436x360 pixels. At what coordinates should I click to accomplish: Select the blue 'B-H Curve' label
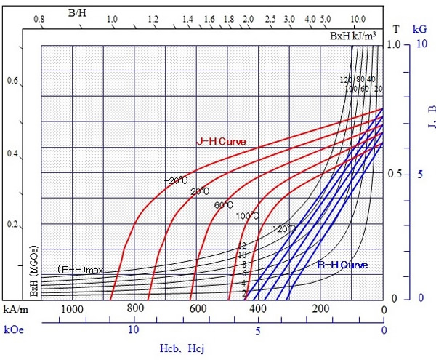click(x=342, y=265)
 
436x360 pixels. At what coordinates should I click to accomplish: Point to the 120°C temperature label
click(x=283, y=229)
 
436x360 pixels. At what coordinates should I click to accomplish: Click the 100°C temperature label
click(x=248, y=216)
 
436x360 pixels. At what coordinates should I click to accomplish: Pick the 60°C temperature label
click(x=223, y=204)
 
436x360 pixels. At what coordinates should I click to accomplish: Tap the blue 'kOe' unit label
click(x=12, y=329)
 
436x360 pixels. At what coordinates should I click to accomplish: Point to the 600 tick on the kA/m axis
click(x=198, y=310)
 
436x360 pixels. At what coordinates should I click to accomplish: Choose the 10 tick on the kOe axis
click(x=134, y=329)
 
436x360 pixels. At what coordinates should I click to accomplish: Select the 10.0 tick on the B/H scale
click(x=358, y=19)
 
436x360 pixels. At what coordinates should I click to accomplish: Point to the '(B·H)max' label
click(x=81, y=270)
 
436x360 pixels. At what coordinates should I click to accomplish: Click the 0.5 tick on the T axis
click(x=394, y=175)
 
